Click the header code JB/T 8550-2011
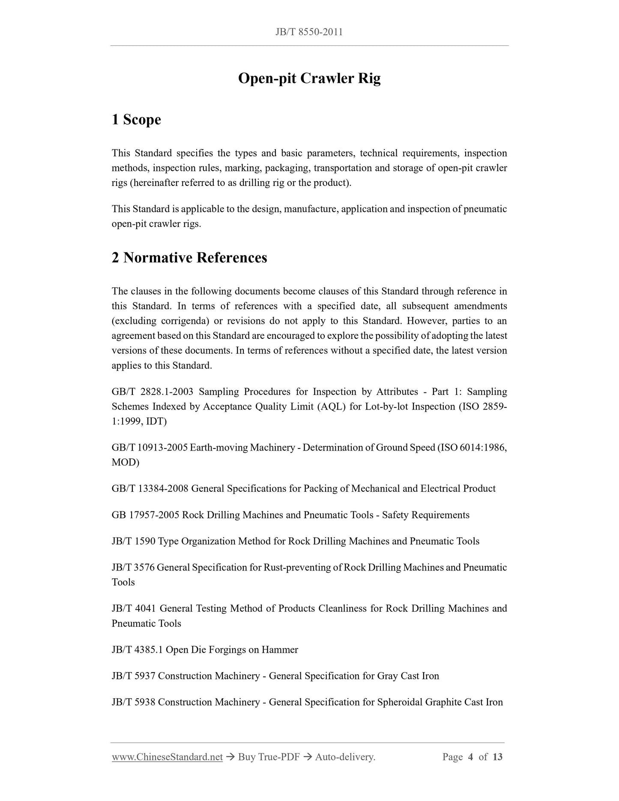tap(309, 32)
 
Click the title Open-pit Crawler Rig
tap(309, 78)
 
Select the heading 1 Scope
tap(136, 120)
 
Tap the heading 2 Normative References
tap(189, 257)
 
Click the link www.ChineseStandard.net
tap(167, 757)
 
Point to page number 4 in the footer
tap(470, 757)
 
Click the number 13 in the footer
tap(497, 757)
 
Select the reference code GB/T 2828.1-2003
tap(152, 392)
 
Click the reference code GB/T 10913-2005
tap(149, 448)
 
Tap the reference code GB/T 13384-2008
tap(150, 489)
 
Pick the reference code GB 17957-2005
tap(145, 515)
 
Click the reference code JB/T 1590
tap(133, 541)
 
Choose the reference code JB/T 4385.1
tap(137, 649)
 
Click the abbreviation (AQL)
tap(331, 406)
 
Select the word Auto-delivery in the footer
tap(345, 757)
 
